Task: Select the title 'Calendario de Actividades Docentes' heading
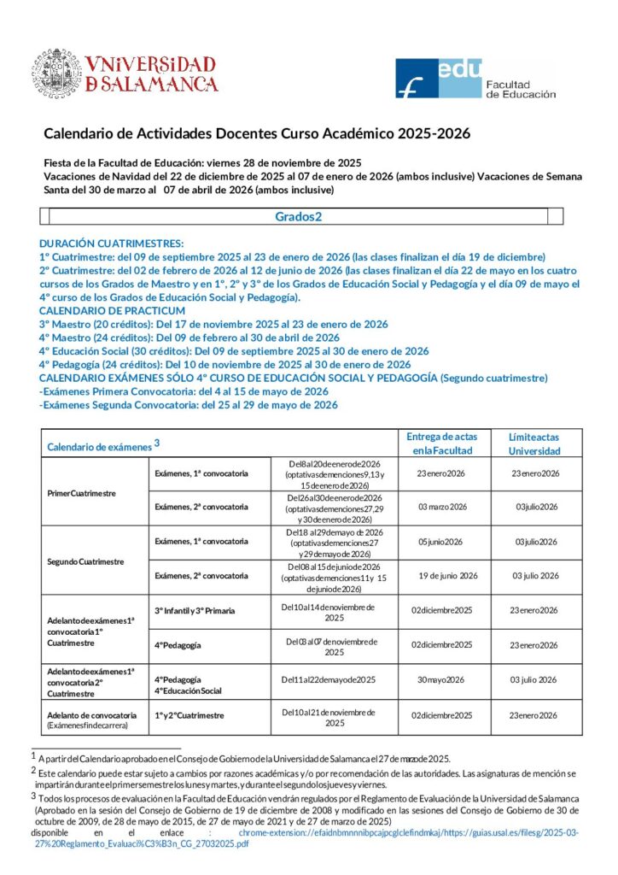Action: (x=256, y=133)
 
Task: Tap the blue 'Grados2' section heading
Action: (x=298, y=216)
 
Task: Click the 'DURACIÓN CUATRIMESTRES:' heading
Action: (x=111, y=244)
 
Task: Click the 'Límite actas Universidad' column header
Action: (x=535, y=443)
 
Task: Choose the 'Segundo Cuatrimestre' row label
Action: (x=85, y=561)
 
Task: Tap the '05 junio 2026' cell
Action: (x=440, y=541)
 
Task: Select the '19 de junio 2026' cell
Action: (x=447, y=575)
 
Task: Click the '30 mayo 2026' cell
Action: (x=440, y=679)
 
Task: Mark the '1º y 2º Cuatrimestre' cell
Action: (x=189, y=714)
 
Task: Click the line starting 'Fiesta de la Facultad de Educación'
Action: (x=202, y=162)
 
